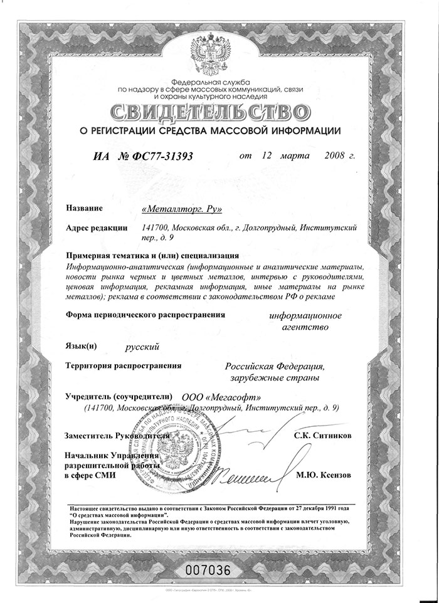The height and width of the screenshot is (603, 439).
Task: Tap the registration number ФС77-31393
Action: [154, 157]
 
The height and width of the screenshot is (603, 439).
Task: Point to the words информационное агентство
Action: [305, 320]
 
